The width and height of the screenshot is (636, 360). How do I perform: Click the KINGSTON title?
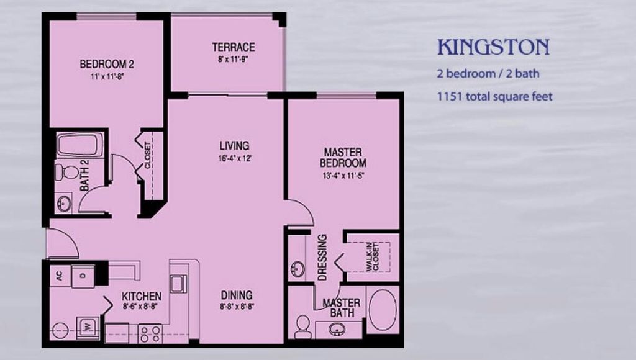point(493,48)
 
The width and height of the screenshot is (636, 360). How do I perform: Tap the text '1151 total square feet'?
point(494,96)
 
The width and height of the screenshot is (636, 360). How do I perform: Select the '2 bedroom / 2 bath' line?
point(488,73)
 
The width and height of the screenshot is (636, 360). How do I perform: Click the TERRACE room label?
point(233,47)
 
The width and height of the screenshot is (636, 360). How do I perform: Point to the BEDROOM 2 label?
point(107,64)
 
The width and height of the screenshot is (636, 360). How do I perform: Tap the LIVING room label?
point(234,146)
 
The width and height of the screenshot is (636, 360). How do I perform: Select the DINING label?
point(236,295)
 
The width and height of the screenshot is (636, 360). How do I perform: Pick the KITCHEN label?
point(142,297)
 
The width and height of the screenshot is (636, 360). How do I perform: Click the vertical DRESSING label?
point(322,257)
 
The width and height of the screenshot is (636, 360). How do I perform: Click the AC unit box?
point(60,276)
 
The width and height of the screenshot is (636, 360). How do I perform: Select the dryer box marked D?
point(83,276)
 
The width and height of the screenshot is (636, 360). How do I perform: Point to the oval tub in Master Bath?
point(382,309)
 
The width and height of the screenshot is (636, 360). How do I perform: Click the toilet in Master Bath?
point(302,326)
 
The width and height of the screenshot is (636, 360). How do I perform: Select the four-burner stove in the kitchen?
point(150,333)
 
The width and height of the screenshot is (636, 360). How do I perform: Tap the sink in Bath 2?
point(63,202)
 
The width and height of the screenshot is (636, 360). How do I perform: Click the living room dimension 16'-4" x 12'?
point(234,158)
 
